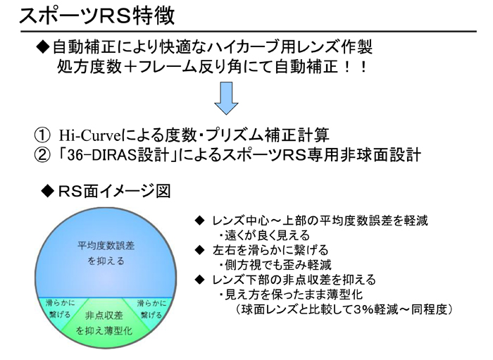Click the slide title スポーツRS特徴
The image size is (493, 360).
(97, 15)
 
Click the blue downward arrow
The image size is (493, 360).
(226, 98)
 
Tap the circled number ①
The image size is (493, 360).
(42, 135)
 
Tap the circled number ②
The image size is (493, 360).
(42, 155)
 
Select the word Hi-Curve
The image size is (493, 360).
(89, 135)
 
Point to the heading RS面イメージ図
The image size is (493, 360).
(114, 191)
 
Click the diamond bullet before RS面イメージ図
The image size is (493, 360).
(48, 191)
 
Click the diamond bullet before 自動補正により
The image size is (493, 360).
(43, 46)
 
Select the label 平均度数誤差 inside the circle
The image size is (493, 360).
(106, 246)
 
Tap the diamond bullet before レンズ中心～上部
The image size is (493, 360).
(199, 221)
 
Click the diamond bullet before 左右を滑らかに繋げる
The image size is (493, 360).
(199, 250)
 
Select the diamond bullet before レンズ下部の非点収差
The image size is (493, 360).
(199, 280)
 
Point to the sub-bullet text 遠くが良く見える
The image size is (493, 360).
(267, 235)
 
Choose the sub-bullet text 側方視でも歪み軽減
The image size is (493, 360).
(278, 265)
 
